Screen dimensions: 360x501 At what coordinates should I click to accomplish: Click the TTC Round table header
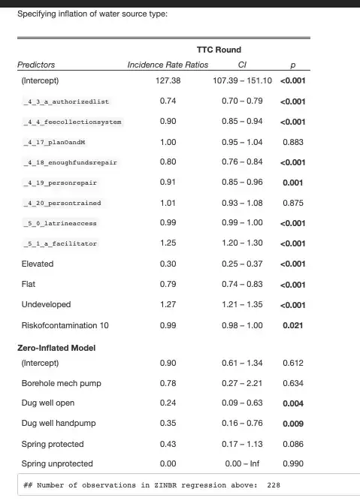pos(219,50)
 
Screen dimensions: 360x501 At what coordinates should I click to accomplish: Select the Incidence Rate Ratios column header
pos(168,65)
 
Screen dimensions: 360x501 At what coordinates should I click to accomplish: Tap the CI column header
pos(242,65)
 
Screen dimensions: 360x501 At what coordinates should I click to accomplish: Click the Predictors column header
pos(36,65)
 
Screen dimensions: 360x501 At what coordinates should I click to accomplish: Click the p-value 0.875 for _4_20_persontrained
pos(293,203)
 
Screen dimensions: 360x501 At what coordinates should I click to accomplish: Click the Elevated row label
pos(38,264)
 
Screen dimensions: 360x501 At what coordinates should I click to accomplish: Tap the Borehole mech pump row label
pos(62,383)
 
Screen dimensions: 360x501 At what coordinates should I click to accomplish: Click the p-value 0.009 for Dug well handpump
pos(293,424)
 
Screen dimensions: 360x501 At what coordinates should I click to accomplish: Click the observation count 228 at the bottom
pos(274,485)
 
